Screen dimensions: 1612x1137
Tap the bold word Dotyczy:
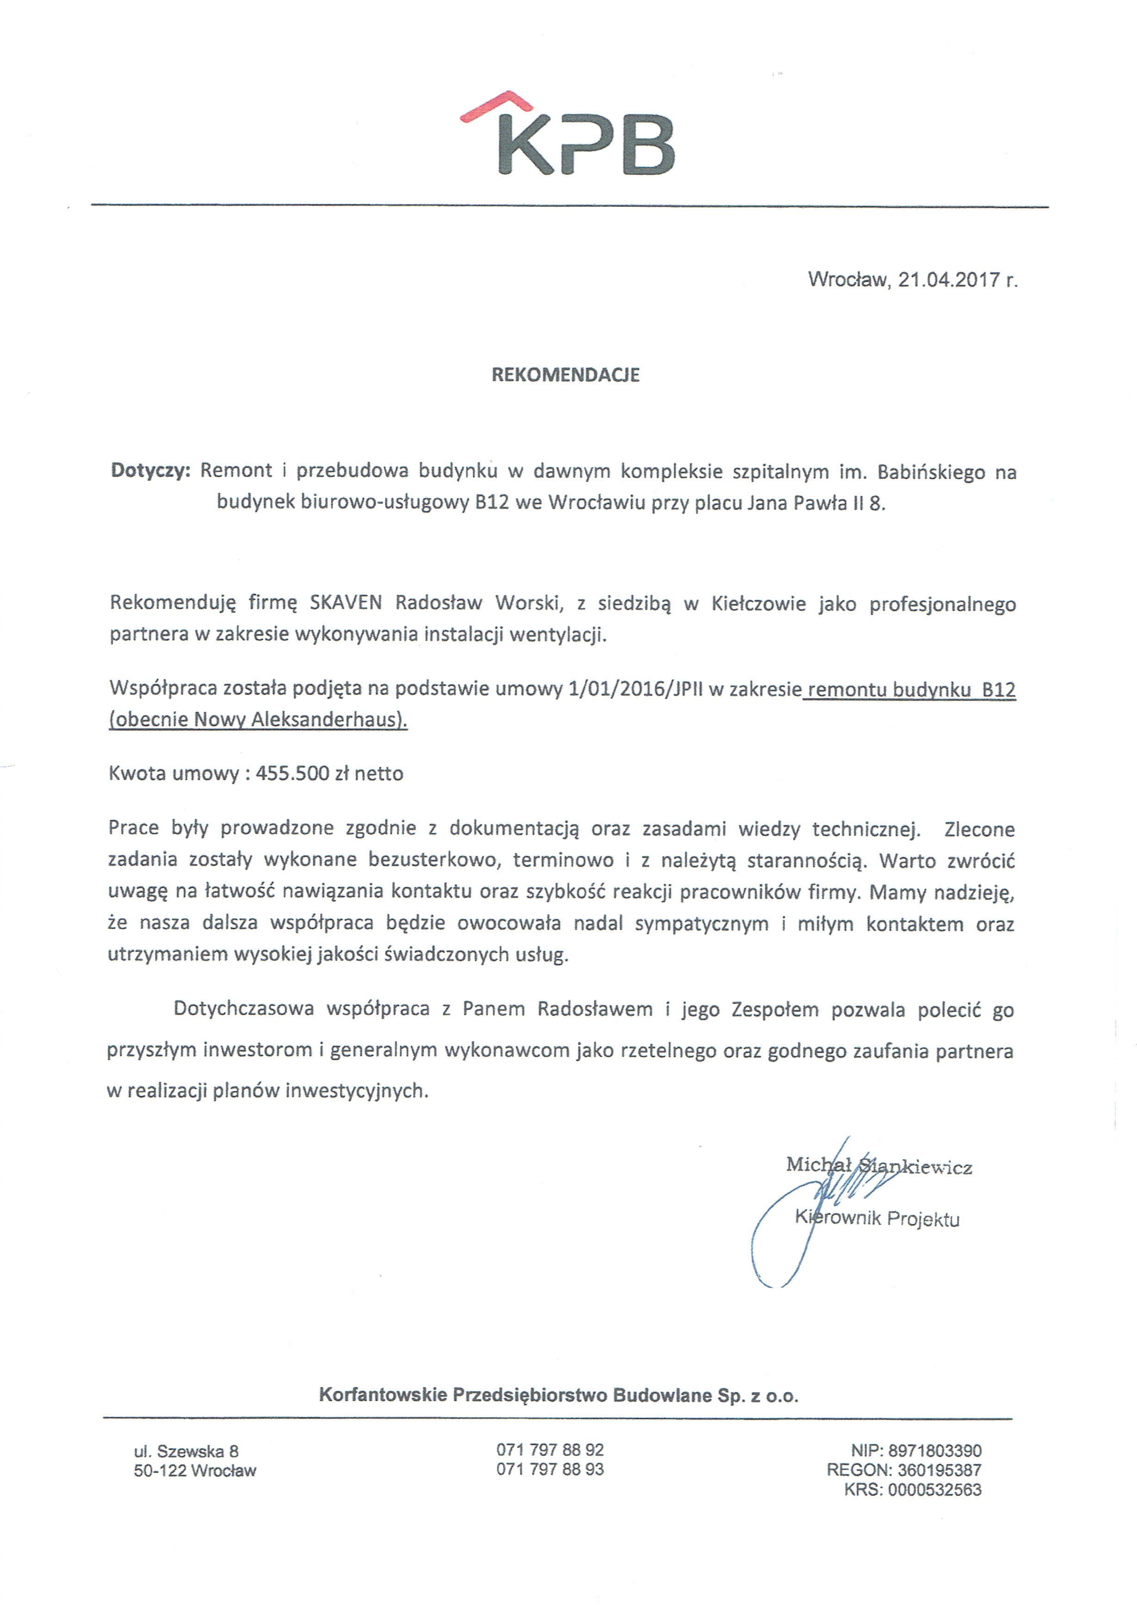click(x=150, y=471)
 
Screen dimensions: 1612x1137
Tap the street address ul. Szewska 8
click(x=186, y=1451)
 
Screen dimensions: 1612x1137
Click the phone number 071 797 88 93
click(x=550, y=1469)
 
